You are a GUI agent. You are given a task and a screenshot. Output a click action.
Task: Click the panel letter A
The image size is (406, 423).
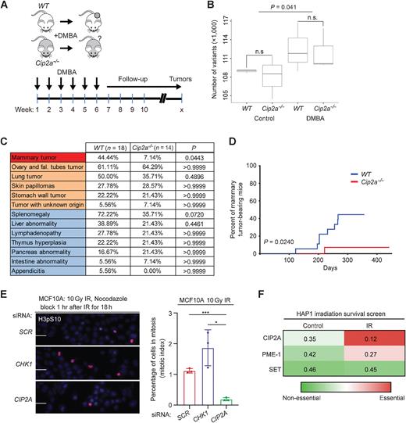(x=6, y=7)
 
